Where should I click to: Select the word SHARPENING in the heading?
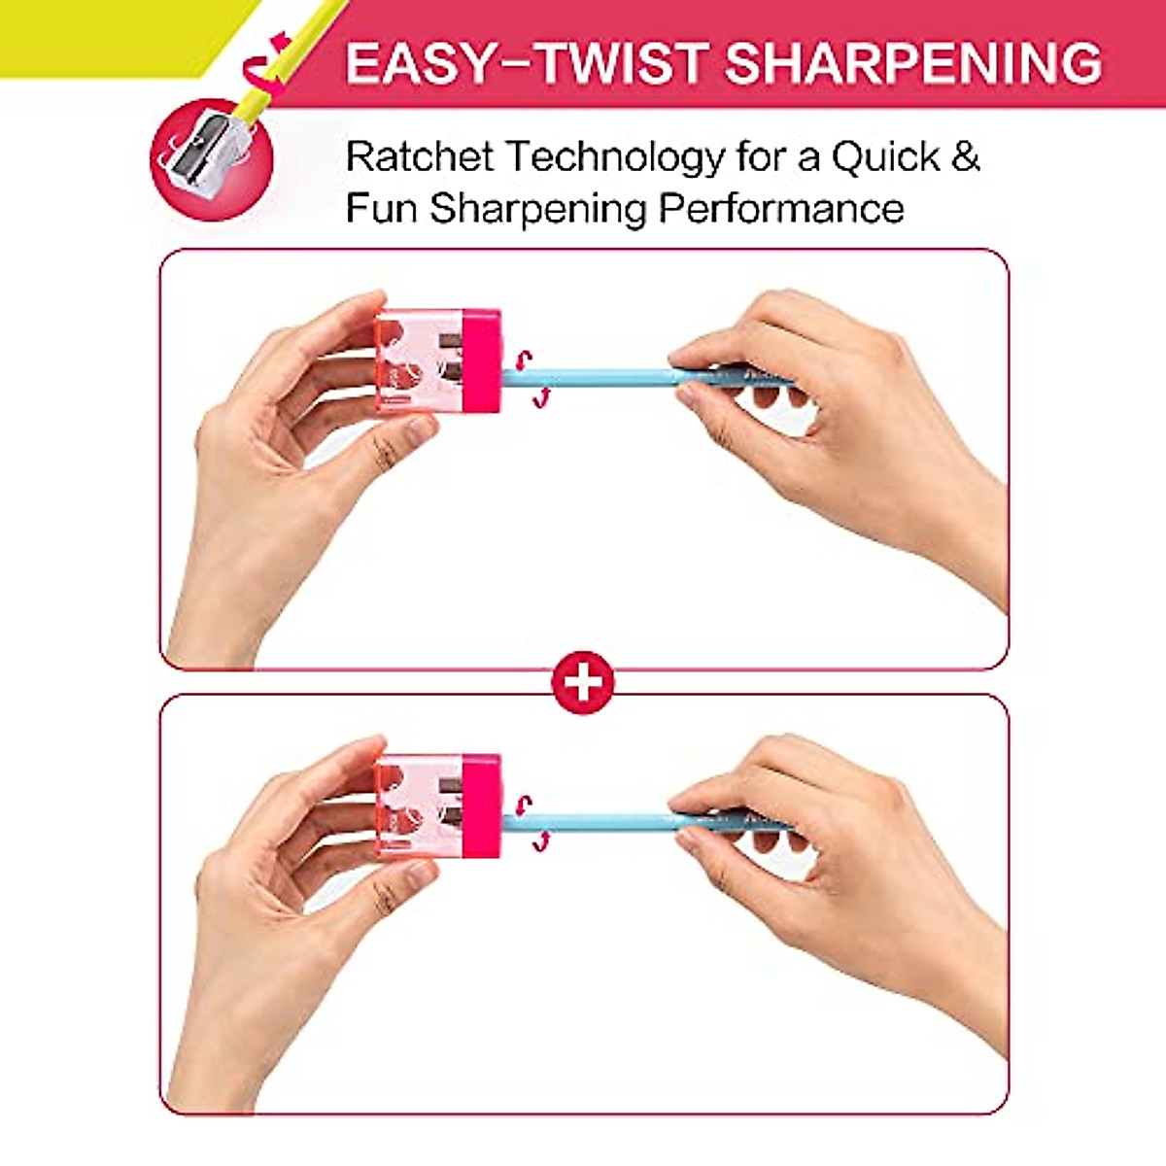(913, 63)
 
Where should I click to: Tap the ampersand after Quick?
(965, 157)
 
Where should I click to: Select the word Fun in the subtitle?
(381, 208)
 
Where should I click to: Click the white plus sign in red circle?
(583, 682)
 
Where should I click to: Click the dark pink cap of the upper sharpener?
(482, 360)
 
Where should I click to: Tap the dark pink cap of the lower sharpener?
(482, 806)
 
